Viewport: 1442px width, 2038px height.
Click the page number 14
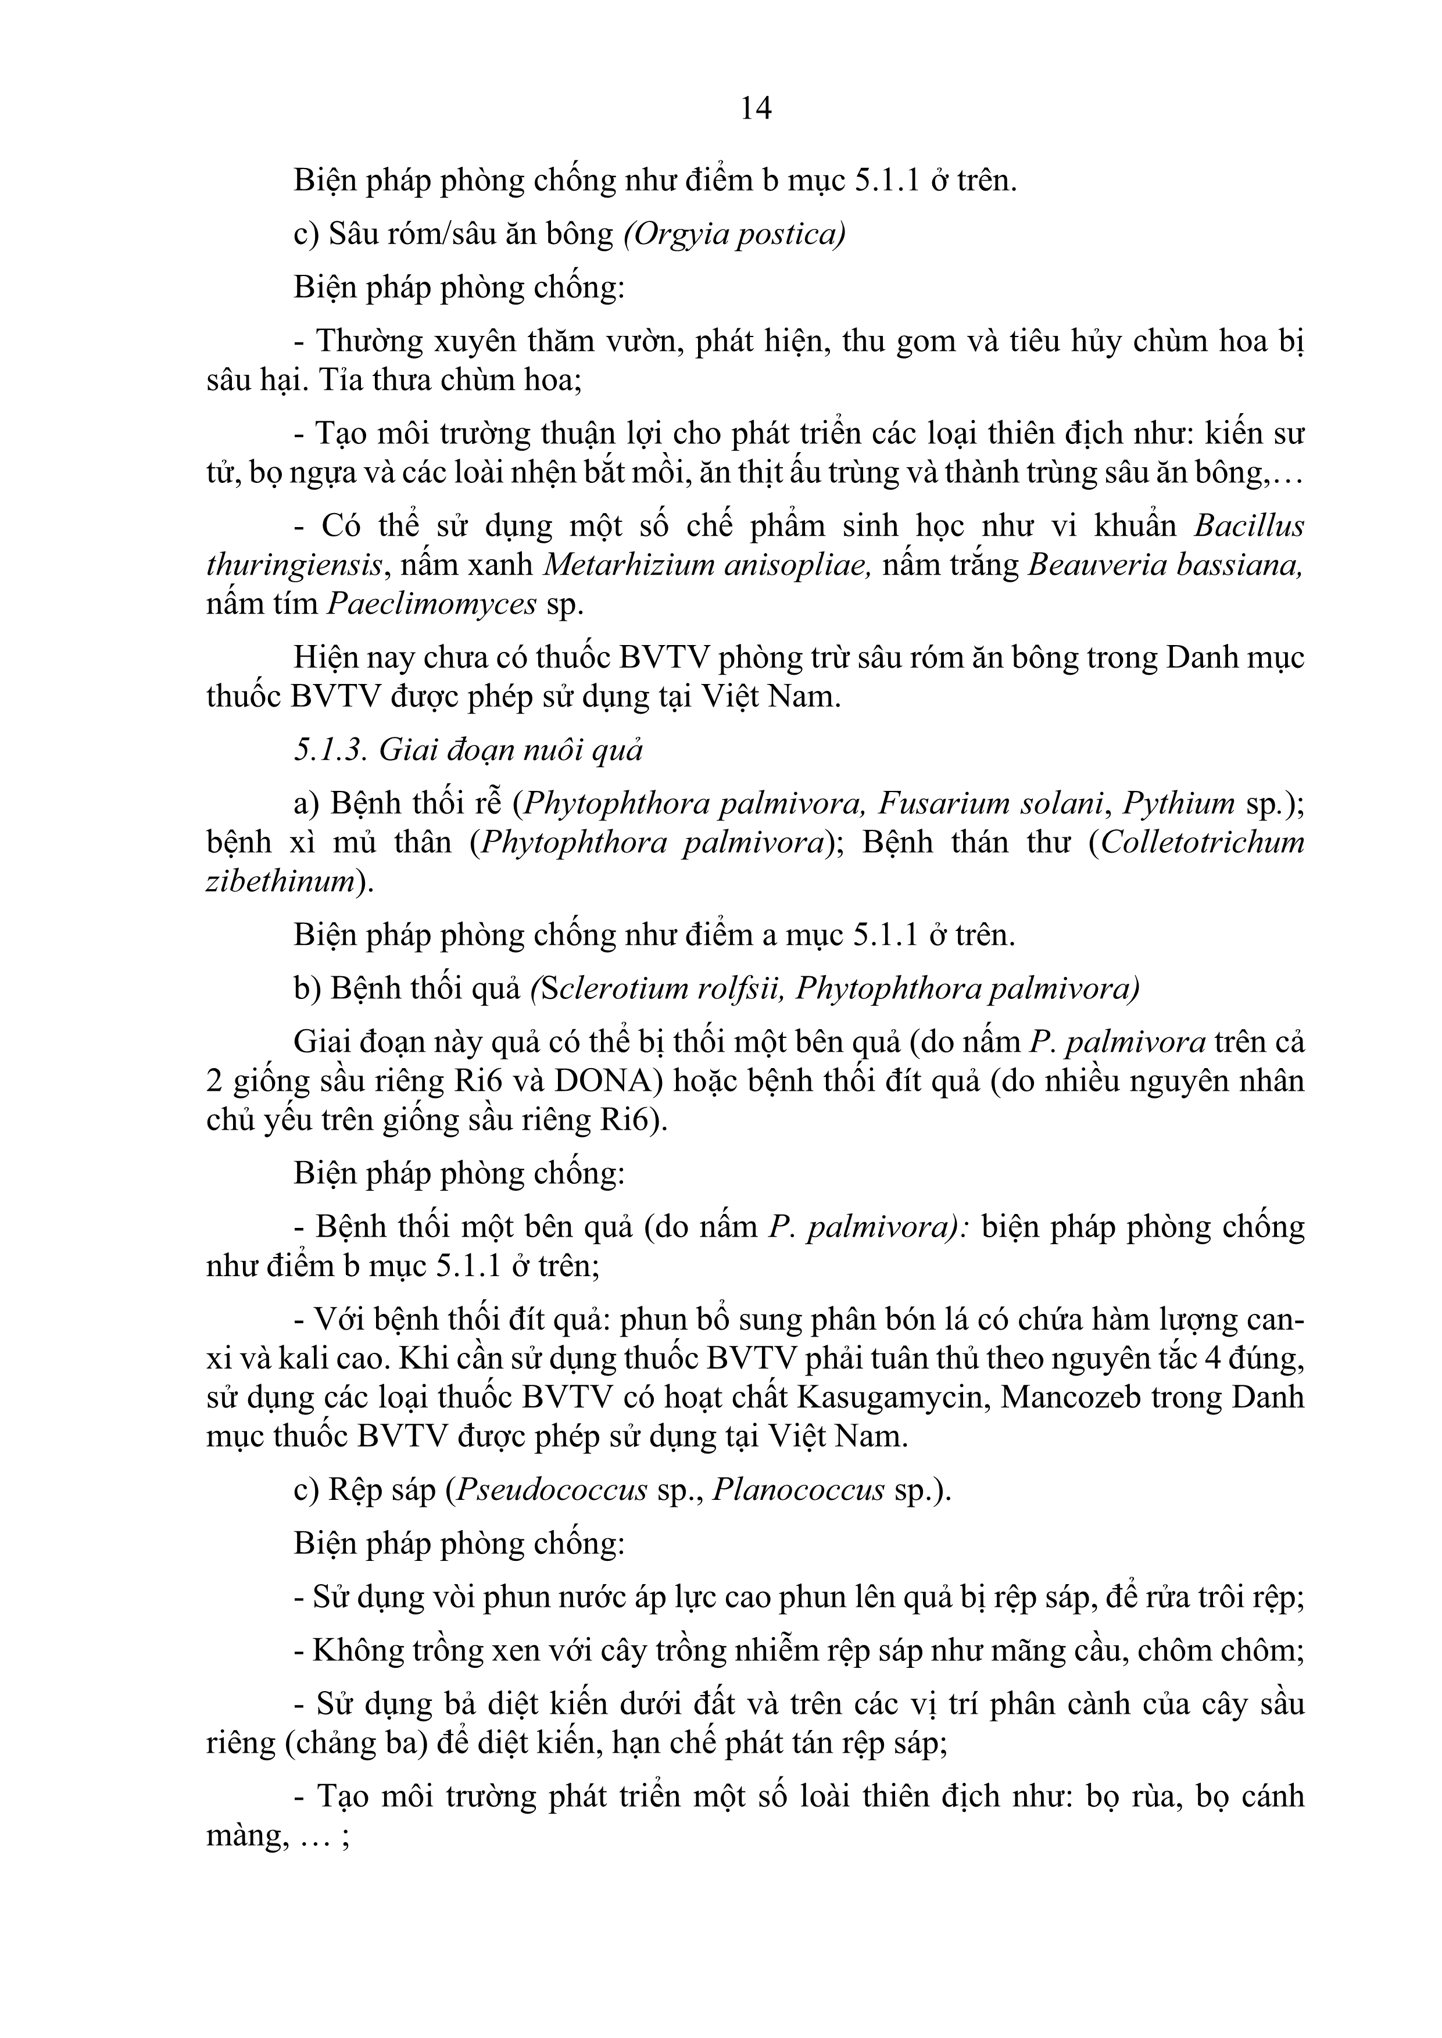tap(756, 108)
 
